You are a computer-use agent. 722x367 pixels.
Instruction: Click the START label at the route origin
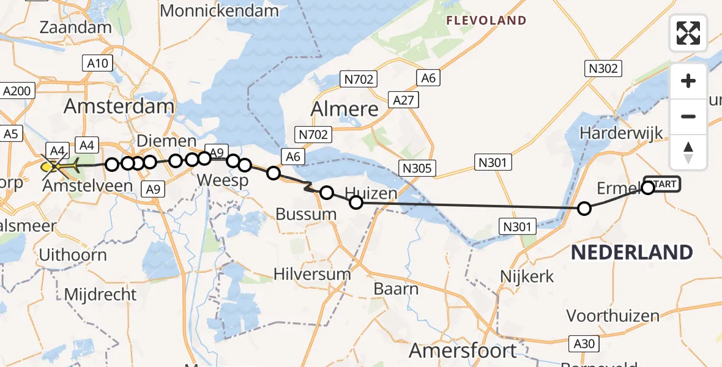(663, 183)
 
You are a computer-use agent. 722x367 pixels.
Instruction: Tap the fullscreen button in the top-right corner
(688, 33)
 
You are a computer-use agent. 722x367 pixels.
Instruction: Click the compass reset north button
(688, 152)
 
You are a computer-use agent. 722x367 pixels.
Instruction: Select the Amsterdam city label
(119, 106)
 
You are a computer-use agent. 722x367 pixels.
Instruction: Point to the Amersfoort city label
(463, 350)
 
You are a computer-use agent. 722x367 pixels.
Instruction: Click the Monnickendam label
(219, 10)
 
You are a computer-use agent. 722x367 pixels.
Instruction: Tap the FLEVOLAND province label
(486, 21)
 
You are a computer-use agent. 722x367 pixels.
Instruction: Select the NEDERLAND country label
(632, 252)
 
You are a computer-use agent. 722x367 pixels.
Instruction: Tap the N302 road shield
(603, 69)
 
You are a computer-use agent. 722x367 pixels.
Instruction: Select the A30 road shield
(584, 344)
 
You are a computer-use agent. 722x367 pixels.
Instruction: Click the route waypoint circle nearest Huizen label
(355, 202)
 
